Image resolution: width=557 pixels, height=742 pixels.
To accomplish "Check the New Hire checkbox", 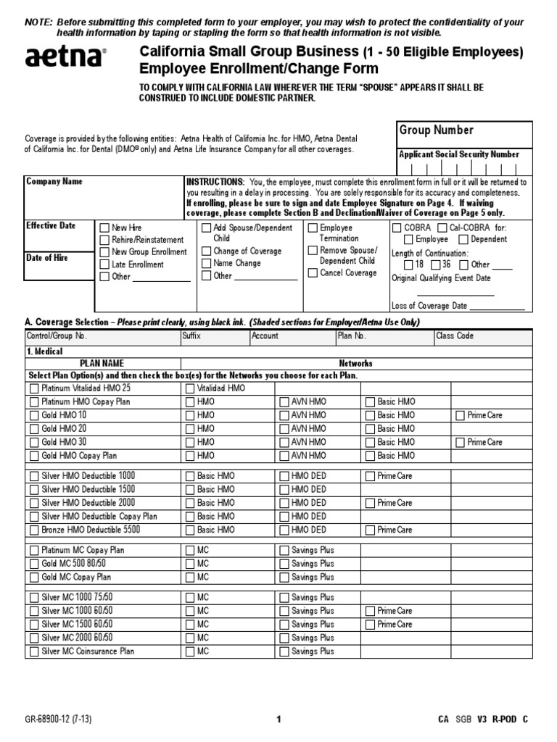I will tap(104, 228).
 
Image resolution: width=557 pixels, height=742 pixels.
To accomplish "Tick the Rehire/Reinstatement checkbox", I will tap(104, 240).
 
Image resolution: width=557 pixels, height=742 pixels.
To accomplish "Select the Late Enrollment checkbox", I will tap(104, 264).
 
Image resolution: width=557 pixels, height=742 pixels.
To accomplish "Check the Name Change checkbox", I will tap(206, 264).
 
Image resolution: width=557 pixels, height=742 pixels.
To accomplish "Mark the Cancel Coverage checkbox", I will tap(313, 273).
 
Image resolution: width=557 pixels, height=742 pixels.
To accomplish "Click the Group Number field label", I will tap(435, 130).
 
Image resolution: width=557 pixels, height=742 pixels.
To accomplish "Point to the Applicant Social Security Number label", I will tap(458, 154).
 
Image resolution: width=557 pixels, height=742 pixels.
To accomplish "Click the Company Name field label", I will tap(54, 182).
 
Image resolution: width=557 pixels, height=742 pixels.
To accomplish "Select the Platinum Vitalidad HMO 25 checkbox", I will tap(34, 388).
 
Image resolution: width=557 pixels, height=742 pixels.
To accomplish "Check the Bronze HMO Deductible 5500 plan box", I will tap(34, 530).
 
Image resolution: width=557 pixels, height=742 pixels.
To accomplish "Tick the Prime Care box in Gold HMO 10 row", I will tap(461, 416).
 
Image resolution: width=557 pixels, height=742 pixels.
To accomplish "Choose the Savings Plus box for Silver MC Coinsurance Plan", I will tap(284, 652).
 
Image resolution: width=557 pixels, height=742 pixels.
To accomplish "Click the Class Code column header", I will tap(455, 336).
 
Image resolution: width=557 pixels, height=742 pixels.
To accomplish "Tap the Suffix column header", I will tap(192, 336).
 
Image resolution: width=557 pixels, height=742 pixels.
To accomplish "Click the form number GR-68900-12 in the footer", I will tap(57, 720).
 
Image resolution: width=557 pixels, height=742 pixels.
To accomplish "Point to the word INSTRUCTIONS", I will tap(215, 182).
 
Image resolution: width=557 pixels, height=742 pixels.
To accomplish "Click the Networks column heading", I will tap(355, 363).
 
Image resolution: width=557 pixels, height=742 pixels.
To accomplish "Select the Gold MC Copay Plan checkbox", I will tap(34, 578).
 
